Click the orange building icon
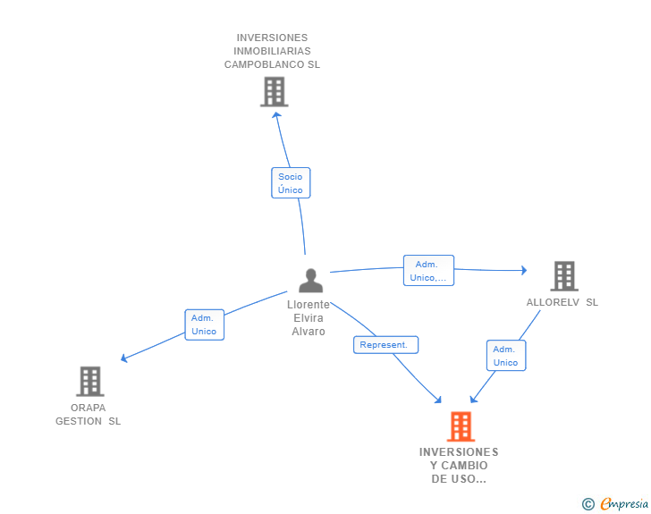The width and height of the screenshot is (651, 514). point(461,426)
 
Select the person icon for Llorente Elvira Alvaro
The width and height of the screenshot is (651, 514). point(310,281)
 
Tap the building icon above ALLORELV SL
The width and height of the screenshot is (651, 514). point(564,275)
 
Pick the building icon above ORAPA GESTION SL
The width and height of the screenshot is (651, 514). point(90,381)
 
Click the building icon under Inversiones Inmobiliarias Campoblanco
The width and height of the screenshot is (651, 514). point(274,92)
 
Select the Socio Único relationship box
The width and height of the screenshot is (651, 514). point(291,182)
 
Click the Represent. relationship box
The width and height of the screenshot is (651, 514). point(385,345)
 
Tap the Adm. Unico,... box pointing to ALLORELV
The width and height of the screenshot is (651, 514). point(428,270)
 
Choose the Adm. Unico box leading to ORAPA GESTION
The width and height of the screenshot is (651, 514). point(204,324)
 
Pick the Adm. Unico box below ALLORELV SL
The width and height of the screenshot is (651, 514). point(506,356)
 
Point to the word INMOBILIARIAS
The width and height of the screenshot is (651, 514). point(272,51)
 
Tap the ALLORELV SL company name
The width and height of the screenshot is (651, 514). point(562,302)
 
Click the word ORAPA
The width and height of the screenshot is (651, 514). point(88,408)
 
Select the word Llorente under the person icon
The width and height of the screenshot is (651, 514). point(308,304)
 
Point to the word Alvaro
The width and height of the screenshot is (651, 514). point(308,332)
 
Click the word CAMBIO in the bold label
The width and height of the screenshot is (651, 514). point(464,466)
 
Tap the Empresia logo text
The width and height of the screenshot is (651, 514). point(624,503)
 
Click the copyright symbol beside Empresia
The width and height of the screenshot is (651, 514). point(588,504)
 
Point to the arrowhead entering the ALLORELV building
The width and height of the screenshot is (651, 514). point(524,270)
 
